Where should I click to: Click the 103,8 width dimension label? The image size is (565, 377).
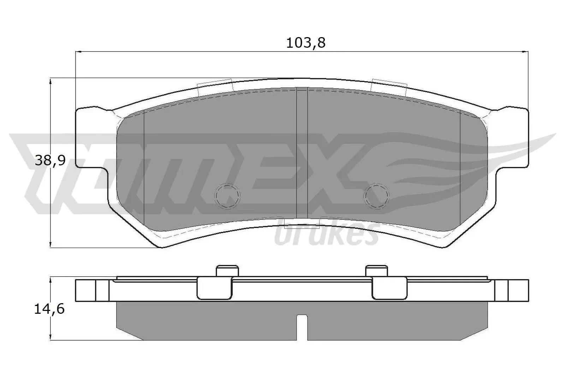pyautogui.click(x=305, y=43)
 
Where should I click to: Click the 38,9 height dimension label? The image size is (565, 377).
pyautogui.click(x=50, y=161)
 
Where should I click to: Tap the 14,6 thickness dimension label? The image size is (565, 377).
pyautogui.click(x=49, y=309)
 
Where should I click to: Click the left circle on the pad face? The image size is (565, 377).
pyautogui.click(x=227, y=195)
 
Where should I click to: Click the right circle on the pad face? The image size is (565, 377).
pyautogui.click(x=377, y=195)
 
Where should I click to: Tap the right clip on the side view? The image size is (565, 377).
pyautogui.click(x=389, y=287)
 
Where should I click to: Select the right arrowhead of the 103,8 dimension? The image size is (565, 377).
pyautogui.click(x=526, y=52)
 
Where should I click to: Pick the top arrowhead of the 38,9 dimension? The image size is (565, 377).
pyautogui.click(x=51, y=82)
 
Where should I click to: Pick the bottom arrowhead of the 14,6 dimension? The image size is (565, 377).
pyautogui.click(x=51, y=337)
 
